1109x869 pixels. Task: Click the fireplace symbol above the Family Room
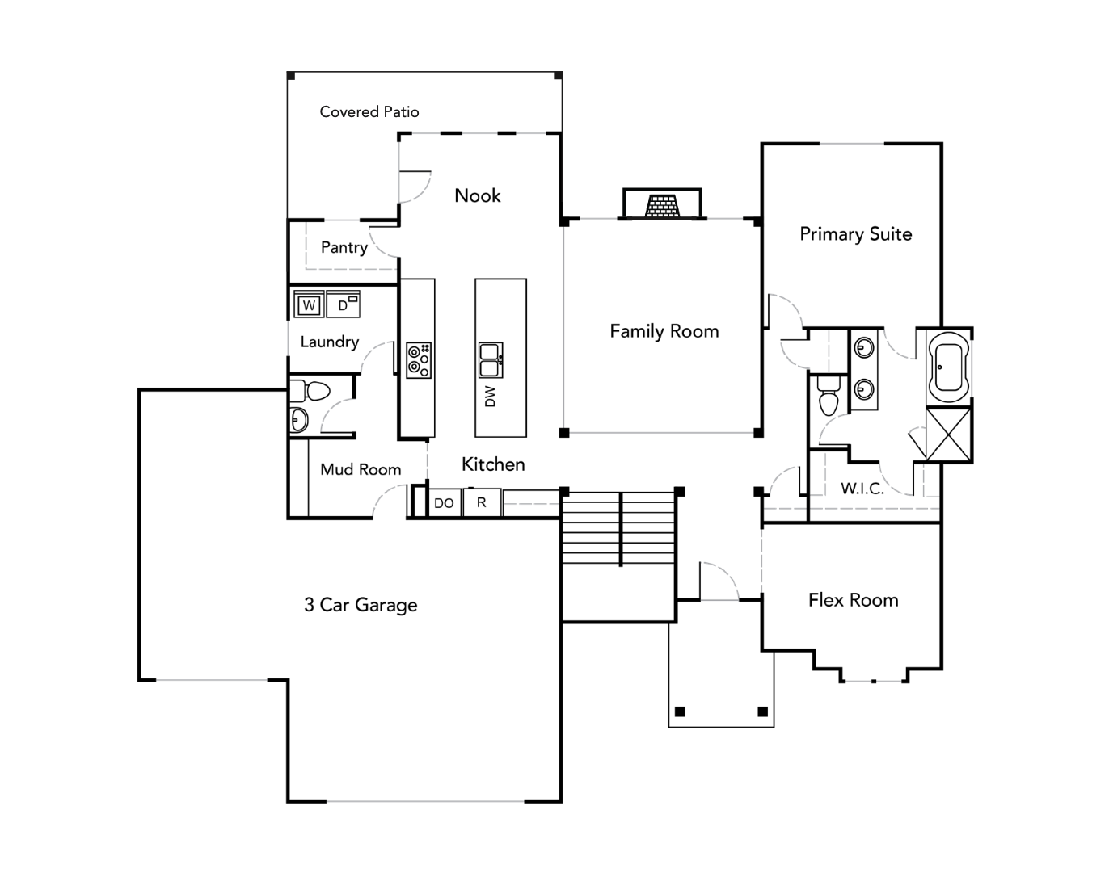pos(662,205)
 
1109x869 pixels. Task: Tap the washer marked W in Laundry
pos(309,305)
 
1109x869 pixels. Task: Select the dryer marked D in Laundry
pos(344,304)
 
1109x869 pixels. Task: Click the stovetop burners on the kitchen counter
pos(419,360)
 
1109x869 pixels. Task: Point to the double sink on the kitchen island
pos(491,360)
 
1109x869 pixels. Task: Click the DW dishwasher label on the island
pos(490,396)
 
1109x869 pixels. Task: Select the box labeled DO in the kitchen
pos(444,503)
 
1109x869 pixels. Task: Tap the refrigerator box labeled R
pos(482,502)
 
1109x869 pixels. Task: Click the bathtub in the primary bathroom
pos(948,367)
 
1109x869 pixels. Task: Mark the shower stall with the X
pos(948,434)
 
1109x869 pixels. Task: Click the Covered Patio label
pos(369,112)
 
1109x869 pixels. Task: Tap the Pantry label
pos(344,247)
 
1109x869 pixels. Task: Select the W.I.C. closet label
pos(862,489)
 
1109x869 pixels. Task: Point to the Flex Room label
pos(853,600)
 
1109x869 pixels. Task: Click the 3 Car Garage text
pos(361,605)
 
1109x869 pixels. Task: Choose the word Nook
pos(477,195)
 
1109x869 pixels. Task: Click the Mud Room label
pos(361,469)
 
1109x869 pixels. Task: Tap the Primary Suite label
pos(855,234)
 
